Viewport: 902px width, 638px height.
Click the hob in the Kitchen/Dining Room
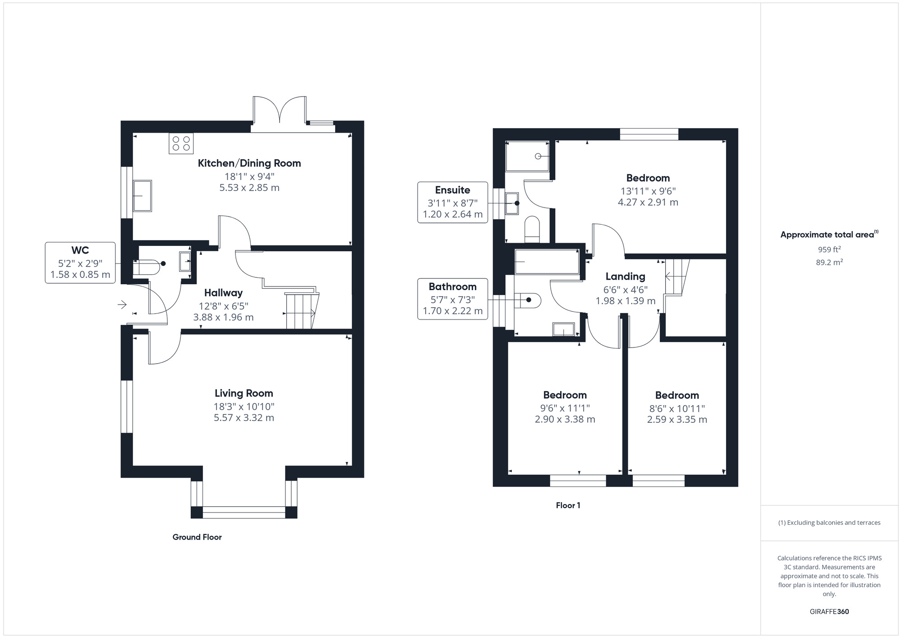pos(181,143)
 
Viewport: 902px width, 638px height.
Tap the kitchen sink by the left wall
pos(143,196)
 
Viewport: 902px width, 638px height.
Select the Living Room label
pos(244,393)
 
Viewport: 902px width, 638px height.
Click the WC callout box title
pos(80,250)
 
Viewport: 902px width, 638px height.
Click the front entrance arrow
pos(122,305)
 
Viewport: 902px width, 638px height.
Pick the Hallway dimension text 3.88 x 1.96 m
pos(224,317)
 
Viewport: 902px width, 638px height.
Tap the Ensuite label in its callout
pos(453,190)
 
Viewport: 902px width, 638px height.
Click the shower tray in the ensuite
pos(528,156)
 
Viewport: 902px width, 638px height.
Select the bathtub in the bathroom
pos(547,262)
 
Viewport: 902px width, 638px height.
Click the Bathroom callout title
pos(453,287)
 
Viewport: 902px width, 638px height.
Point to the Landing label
pos(626,276)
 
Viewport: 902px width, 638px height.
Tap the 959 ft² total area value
pos(829,249)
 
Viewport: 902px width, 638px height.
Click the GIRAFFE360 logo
pos(829,612)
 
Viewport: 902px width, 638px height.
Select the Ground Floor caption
pos(197,537)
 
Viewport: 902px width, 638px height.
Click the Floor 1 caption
pos(568,505)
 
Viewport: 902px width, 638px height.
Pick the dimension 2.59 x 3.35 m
pos(677,420)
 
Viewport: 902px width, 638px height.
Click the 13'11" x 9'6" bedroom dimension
pos(648,191)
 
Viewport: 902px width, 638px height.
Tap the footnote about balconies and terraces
pos(829,522)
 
